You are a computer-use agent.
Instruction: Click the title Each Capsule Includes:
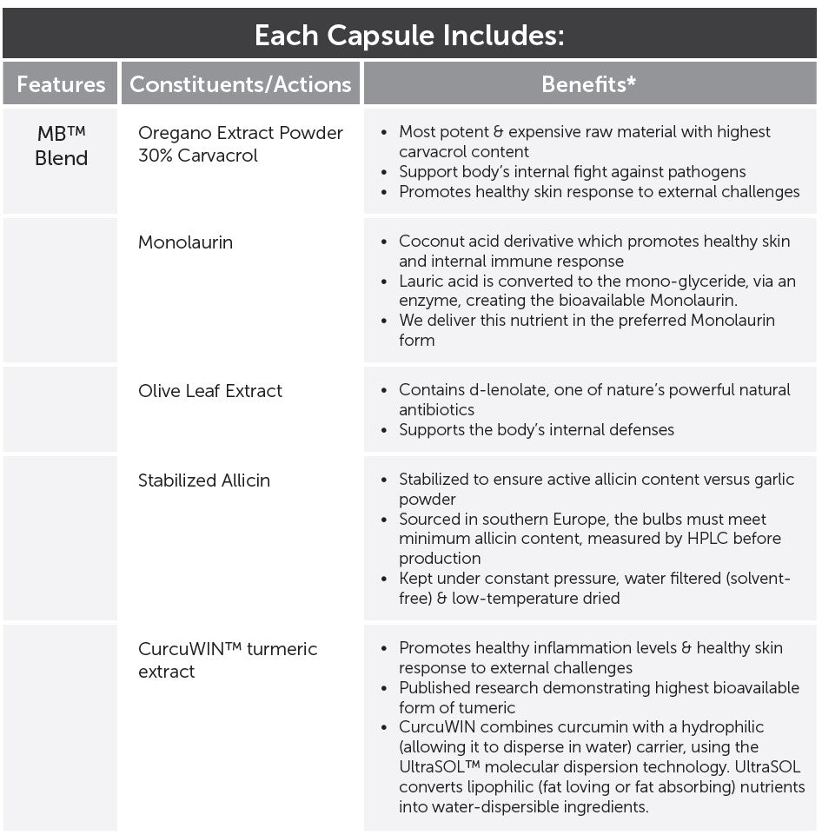pos(410,36)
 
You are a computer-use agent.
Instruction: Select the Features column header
pos(61,84)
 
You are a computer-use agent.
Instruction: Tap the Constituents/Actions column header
pos(240,84)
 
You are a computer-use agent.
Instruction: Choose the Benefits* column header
pos(588,84)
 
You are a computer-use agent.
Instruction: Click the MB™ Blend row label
pos(61,146)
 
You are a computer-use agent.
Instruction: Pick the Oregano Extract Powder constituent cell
pos(240,134)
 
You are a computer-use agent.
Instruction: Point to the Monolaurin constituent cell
pos(185,242)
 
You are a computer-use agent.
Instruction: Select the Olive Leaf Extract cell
pos(209,391)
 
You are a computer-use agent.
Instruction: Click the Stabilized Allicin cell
pos(203,480)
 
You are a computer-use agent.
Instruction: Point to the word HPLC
pos(685,539)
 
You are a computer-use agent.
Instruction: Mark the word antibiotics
pos(436,409)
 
